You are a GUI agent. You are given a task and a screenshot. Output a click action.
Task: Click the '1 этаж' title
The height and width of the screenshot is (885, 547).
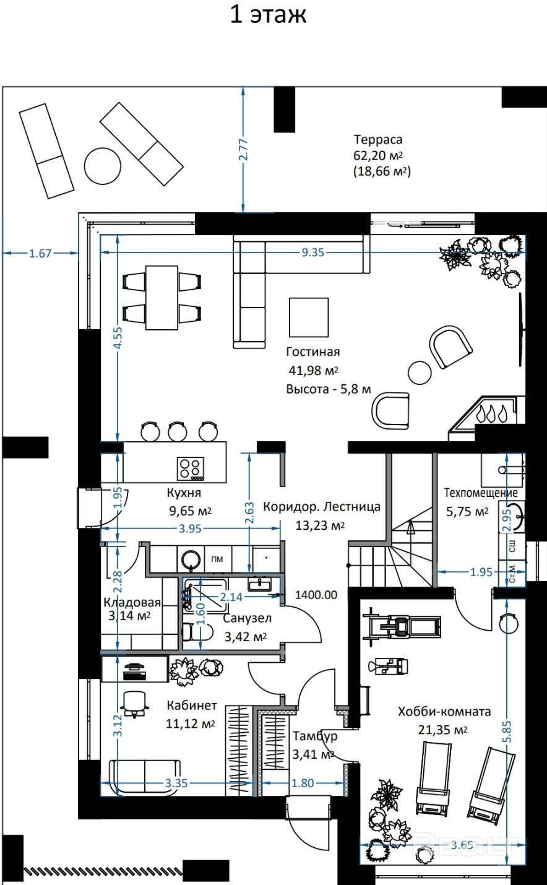point(268,15)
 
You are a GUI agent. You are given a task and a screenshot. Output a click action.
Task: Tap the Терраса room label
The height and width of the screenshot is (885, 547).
point(378,139)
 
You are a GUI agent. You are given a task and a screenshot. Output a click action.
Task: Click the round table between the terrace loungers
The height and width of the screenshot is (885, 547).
point(102,165)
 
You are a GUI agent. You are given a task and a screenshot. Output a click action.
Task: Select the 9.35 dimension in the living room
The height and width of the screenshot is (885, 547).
point(313,252)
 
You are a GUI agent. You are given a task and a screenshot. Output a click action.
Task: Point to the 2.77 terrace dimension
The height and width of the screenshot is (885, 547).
point(244,149)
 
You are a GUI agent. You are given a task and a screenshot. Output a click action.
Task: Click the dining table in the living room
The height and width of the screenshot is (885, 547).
point(162,298)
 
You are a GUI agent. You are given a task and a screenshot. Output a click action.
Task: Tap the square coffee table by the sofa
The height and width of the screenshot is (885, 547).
point(309,317)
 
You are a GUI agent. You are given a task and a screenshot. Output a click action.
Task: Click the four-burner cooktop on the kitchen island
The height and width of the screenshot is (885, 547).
point(191,469)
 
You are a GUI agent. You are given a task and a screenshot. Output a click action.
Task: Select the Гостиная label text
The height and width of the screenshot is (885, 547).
point(313,352)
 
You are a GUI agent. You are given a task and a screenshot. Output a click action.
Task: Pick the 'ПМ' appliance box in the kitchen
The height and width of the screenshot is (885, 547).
point(217,559)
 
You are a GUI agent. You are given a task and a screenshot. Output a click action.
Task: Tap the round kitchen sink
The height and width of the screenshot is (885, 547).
point(191,559)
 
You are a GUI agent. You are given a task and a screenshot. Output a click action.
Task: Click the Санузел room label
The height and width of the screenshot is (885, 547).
point(248,618)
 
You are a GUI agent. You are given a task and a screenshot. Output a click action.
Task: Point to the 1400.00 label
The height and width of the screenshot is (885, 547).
point(316,595)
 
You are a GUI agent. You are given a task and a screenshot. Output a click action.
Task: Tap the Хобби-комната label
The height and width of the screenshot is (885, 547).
point(444,712)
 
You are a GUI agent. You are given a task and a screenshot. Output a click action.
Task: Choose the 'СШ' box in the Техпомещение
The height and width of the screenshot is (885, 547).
point(512,546)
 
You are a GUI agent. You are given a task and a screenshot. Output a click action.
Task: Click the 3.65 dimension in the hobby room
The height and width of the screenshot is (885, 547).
point(462,845)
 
